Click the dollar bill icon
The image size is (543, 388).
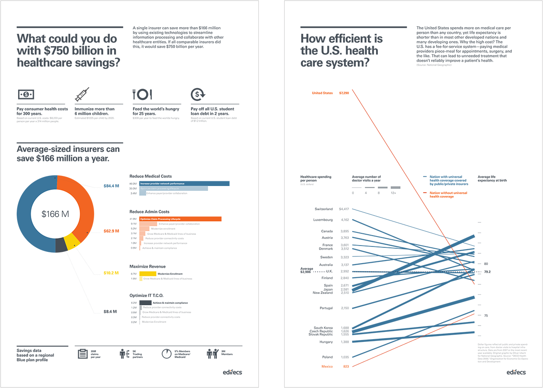point(26,94)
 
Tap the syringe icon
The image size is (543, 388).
point(82,94)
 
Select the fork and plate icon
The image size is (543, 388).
point(142,94)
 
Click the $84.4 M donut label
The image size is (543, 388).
point(111,186)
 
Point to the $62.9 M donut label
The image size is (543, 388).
point(111,231)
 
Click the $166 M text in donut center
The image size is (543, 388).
point(55,214)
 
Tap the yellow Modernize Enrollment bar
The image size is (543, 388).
point(148,274)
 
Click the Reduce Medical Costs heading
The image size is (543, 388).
point(150,176)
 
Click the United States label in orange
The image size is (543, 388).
point(322,93)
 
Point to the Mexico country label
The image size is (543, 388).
point(327,366)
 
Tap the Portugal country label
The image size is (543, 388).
point(326,308)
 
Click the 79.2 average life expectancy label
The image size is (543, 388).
point(487,272)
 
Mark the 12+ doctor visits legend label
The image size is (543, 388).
point(394,193)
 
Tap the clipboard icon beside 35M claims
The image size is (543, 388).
point(82,354)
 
